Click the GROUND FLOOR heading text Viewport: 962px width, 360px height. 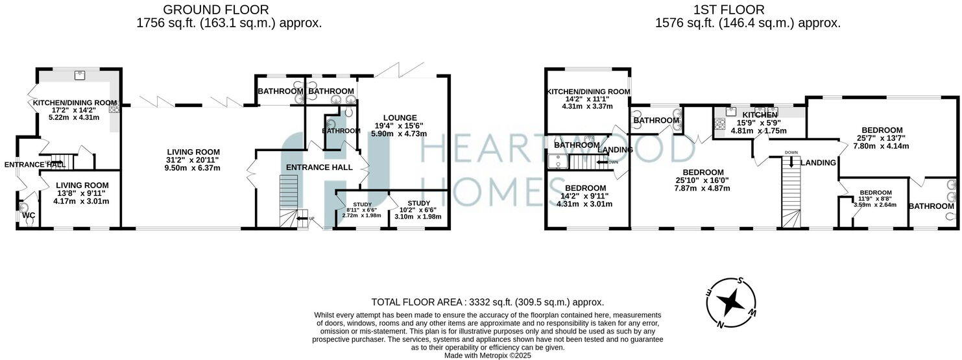(x=216, y=10)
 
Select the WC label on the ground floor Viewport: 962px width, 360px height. (x=29, y=215)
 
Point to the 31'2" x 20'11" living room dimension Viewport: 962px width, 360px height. (x=191, y=160)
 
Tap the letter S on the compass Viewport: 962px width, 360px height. (x=740, y=281)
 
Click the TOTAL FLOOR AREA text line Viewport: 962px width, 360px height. (x=487, y=302)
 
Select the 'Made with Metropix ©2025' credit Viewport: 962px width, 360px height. (x=487, y=355)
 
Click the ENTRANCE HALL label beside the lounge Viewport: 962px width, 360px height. (x=319, y=167)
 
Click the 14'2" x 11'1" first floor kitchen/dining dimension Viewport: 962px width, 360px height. (x=588, y=99)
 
